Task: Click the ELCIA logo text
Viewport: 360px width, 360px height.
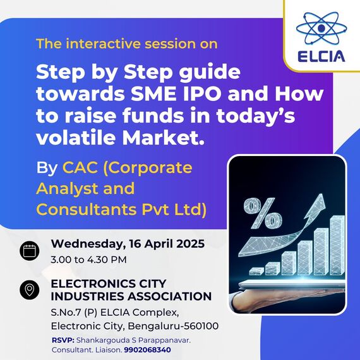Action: click(321, 56)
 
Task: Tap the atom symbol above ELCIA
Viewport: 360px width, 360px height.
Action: click(321, 28)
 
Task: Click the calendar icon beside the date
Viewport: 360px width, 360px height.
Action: click(30, 251)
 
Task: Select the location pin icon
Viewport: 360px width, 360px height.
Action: click(30, 290)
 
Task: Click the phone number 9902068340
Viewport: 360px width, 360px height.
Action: click(147, 350)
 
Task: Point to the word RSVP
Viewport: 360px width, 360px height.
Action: click(63, 340)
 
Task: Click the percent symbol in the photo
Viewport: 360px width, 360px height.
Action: click(263, 213)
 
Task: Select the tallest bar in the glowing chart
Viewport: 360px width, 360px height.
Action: click(337, 245)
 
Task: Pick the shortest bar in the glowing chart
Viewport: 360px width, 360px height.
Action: click(256, 271)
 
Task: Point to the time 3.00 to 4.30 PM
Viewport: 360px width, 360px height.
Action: click(88, 260)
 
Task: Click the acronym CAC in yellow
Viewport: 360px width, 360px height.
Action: click(80, 167)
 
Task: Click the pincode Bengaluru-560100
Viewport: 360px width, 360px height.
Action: click(173, 326)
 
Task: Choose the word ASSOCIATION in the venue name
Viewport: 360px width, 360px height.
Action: click(170, 296)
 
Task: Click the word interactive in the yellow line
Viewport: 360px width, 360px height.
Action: click(102, 44)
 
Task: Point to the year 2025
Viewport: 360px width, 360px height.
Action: click(190, 244)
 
